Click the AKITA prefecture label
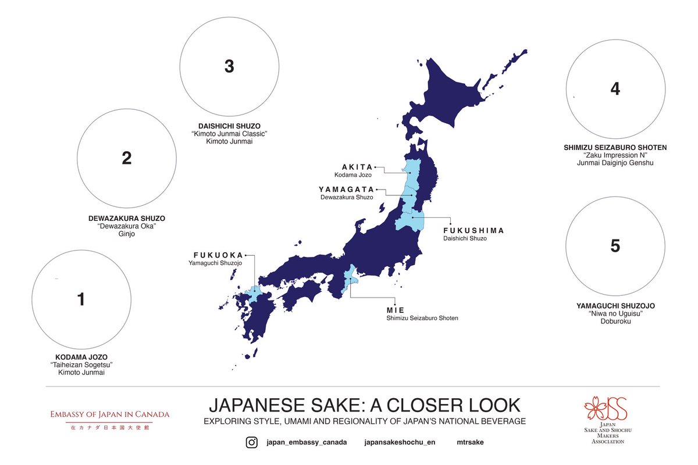[x=352, y=166]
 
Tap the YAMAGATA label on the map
[x=346, y=189]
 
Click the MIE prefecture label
[x=395, y=310]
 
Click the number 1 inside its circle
[x=81, y=299]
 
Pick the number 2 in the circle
[x=127, y=158]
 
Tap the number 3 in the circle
[x=229, y=67]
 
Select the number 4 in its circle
[x=615, y=89]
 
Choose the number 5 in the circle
[x=615, y=246]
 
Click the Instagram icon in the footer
[x=251, y=442]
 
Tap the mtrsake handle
[x=470, y=442]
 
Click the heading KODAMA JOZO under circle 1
[x=81, y=357]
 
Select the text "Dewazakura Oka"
[x=127, y=226]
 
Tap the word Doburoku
[x=615, y=321]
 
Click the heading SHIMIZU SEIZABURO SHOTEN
[x=615, y=148]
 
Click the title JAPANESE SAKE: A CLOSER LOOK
[x=365, y=405]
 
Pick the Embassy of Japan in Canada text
[x=109, y=414]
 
